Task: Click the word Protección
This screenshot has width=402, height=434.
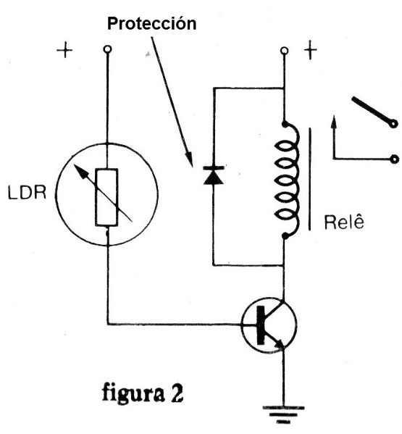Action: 151,24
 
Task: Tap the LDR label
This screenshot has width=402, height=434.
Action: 27,193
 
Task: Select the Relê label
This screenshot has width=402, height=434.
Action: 344,222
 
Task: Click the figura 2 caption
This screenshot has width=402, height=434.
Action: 143,393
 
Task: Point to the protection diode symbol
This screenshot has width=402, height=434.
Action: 213,175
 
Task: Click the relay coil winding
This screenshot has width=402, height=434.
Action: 287,180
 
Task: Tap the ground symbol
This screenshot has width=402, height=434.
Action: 283,415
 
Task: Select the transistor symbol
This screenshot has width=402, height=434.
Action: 269,325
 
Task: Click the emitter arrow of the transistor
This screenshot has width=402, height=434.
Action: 279,344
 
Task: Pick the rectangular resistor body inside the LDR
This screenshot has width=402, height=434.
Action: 106,197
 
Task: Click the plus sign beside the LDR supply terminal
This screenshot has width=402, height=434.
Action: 64,50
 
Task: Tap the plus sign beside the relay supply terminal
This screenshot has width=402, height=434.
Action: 311,51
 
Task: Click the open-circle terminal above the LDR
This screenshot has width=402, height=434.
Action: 107,49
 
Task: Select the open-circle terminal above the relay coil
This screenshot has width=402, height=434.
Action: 284,51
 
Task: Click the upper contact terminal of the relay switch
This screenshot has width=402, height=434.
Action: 393,123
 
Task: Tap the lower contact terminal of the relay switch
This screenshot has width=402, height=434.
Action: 394,159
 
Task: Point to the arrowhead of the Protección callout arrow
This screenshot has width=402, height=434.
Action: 190,160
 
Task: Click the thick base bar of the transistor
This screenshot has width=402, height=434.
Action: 261,325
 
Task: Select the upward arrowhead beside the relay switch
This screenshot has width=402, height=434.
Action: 334,122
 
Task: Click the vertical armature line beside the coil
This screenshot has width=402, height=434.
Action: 309,178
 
